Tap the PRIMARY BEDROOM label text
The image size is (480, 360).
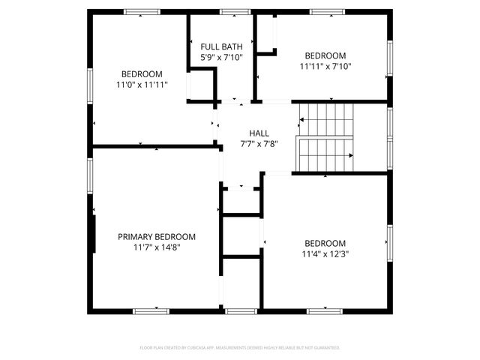[x=157, y=236]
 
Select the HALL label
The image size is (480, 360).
[x=249, y=133]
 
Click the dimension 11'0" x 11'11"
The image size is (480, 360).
[x=142, y=85]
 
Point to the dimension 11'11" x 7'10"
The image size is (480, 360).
[x=325, y=66]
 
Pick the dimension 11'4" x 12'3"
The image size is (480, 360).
[x=325, y=253]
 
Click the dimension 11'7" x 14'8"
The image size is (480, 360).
[x=157, y=247]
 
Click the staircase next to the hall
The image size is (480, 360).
[x=326, y=137]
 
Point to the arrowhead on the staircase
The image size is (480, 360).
[x=351, y=155]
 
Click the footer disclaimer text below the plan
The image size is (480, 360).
[x=240, y=348]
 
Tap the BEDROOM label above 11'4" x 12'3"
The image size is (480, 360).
[x=325, y=243]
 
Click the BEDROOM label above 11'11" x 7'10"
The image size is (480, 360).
[x=325, y=55]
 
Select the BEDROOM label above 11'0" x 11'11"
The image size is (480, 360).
[x=142, y=73]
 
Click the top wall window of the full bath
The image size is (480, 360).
[x=235, y=11]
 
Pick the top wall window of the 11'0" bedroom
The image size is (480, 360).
[x=142, y=11]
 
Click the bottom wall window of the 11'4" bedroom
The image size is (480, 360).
[x=325, y=310]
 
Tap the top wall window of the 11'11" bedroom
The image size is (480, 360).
[x=328, y=11]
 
